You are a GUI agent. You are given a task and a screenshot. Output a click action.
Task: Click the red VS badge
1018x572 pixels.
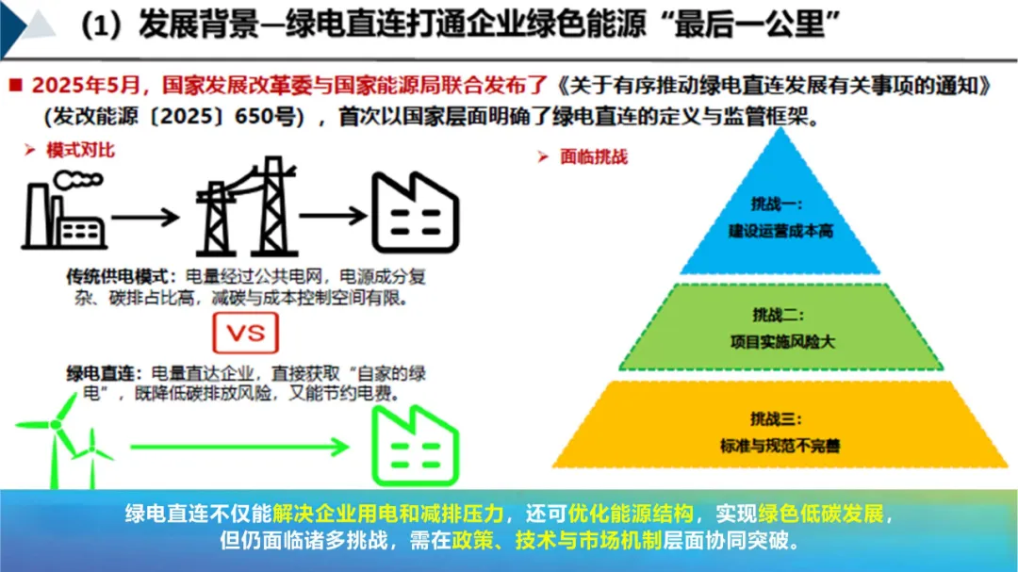(x=246, y=333)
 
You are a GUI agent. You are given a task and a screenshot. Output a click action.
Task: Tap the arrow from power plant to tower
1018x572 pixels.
(x=144, y=216)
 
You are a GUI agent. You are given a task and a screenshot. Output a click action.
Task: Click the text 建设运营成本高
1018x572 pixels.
(x=780, y=230)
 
